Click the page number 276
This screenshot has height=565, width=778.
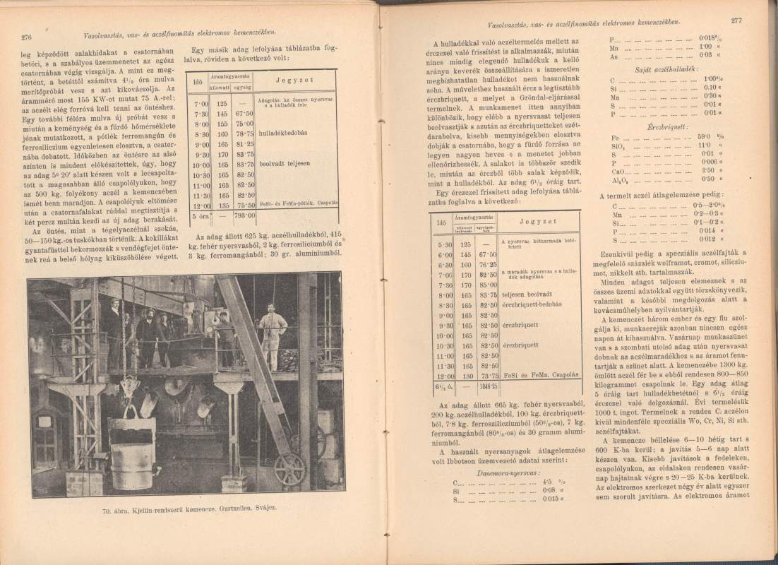click(x=28, y=37)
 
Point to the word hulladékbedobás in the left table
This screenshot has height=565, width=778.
click(x=283, y=132)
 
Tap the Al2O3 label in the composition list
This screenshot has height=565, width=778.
click(x=618, y=179)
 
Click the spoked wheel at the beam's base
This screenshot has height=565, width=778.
click(x=289, y=468)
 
